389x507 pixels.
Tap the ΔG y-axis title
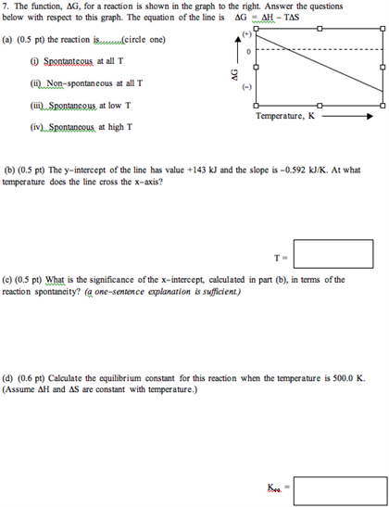pyautogui.click(x=220, y=74)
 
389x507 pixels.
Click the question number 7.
pyautogui.click(x=6, y=6)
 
